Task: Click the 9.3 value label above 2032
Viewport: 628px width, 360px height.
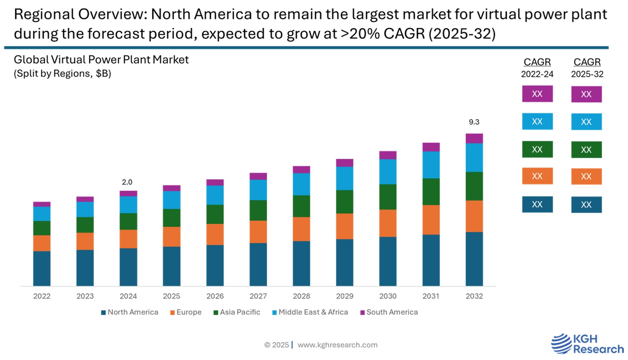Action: pyautogui.click(x=474, y=122)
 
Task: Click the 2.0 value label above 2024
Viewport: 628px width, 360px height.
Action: pyautogui.click(x=127, y=182)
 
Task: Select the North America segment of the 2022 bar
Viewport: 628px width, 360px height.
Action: pyautogui.click(x=42, y=268)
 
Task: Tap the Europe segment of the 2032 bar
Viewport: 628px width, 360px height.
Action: pyautogui.click(x=474, y=216)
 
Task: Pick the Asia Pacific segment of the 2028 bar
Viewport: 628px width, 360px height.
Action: pyautogui.click(x=301, y=206)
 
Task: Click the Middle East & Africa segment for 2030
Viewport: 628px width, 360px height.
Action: pyautogui.click(x=388, y=172)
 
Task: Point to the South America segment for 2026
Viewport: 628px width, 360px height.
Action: pyautogui.click(x=215, y=183)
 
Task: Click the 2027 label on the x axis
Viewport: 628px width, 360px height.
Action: pyautogui.click(x=258, y=296)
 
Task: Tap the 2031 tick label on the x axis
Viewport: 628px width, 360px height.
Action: pyautogui.click(x=431, y=296)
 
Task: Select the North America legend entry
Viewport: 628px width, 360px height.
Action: pyautogui.click(x=130, y=312)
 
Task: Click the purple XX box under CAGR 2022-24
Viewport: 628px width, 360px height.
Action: pyautogui.click(x=537, y=94)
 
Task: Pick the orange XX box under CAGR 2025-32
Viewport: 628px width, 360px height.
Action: pyautogui.click(x=587, y=177)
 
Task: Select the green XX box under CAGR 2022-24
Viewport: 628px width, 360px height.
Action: pyautogui.click(x=537, y=149)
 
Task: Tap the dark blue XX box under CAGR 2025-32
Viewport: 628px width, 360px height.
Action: pyautogui.click(x=587, y=204)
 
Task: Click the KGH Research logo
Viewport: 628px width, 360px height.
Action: pyautogui.click(x=587, y=344)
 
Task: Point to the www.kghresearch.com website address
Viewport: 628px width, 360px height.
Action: pyautogui.click(x=337, y=345)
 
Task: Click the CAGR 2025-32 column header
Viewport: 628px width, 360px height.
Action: pyautogui.click(x=587, y=67)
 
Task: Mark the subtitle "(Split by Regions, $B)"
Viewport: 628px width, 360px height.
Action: pyautogui.click(x=62, y=73)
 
